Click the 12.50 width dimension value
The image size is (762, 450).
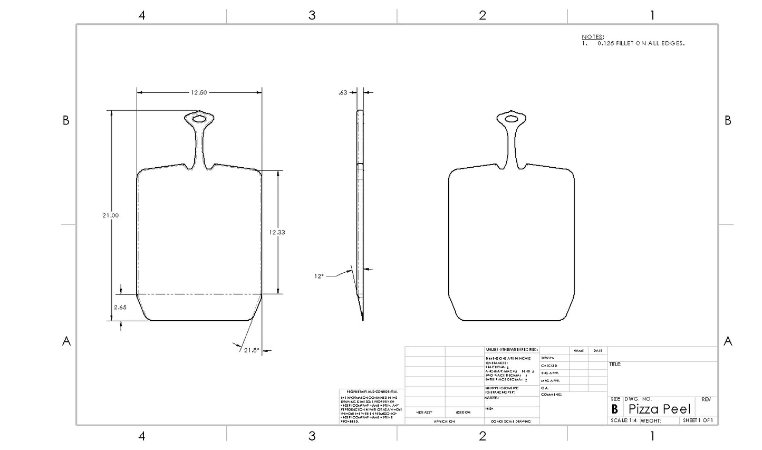(199, 93)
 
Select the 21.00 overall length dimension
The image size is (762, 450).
(111, 215)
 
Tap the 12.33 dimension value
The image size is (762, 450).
(277, 232)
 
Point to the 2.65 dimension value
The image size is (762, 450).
(120, 308)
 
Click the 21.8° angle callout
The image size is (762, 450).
(252, 350)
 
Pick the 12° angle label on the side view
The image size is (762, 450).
(319, 276)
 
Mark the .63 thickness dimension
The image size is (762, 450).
(343, 93)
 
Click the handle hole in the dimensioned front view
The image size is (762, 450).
(199, 119)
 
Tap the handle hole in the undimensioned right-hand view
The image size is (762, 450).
(511, 119)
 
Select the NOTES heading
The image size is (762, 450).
(593, 37)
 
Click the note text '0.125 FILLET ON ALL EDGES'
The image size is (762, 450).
(641, 43)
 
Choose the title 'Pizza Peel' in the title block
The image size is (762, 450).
(659, 409)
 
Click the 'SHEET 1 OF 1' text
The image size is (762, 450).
(698, 420)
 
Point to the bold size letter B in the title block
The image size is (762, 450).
(614, 409)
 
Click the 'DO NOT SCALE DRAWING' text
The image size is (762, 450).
(511, 422)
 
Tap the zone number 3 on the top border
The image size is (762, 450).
(312, 15)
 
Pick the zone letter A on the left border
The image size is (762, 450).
(66, 341)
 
